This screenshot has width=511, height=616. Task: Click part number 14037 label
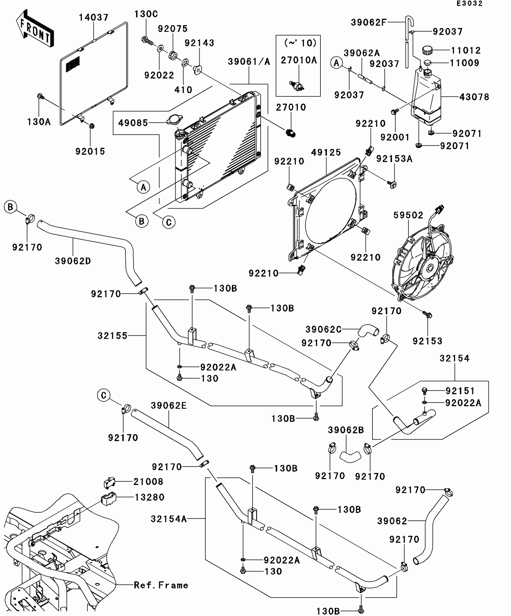(x=94, y=17)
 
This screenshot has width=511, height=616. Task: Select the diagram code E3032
(x=470, y=4)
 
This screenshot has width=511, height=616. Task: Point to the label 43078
(x=474, y=97)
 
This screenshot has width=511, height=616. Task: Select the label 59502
(x=408, y=215)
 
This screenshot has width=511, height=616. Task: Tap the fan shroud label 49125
(x=326, y=153)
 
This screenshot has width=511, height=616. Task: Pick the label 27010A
(x=299, y=60)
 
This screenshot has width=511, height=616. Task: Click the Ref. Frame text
(x=161, y=585)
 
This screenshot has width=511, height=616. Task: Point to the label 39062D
(x=73, y=261)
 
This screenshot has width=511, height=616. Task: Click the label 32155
(x=113, y=336)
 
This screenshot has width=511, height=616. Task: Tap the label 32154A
(x=169, y=519)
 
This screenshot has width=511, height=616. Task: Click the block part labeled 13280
(x=109, y=499)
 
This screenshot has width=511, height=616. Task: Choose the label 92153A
(x=394, y=159)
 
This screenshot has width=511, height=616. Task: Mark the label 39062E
(x=169, y=406)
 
